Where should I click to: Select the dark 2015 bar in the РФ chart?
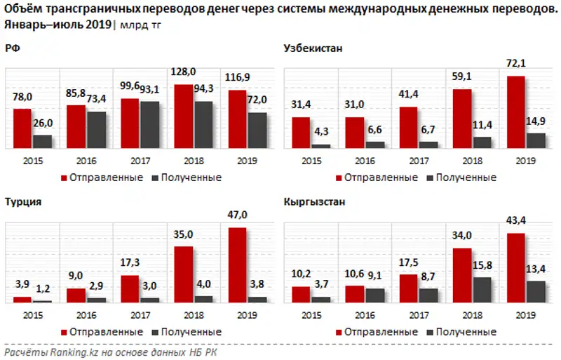(x=42, y=141)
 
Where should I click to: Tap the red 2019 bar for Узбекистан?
(x=515, y=112)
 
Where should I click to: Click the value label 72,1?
(x=515, y=64)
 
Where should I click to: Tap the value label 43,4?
(x=515, y=221)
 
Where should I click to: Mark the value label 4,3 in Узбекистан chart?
(x=321, y=131)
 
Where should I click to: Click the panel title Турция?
(x=22, y=201)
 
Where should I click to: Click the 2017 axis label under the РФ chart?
(x=140, y=161)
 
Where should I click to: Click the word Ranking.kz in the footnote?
(x=69, y=351)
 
